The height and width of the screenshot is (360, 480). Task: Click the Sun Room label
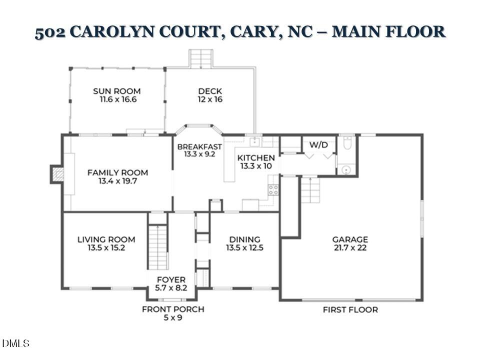[x=116, y=91]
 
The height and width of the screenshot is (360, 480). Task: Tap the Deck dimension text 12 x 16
[x=210, y=99]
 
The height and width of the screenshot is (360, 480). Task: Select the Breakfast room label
[x=199, y=146]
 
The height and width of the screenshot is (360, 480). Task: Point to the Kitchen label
[x=256, y=158]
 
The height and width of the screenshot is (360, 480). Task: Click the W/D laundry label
[x=318, y=145]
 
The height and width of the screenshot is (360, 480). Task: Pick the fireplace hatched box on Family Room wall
[x=58, y=174]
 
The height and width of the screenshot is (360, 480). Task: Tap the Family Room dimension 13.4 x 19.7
[x=117, y=181]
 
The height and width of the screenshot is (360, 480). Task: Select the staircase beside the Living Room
[x=158, y=247]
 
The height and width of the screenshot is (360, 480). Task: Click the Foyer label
[x=171, y=279]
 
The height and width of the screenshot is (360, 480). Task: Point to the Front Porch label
[x=173, y=309]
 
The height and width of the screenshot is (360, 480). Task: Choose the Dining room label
[x=244, y=239]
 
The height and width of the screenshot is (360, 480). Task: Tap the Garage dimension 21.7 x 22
[x=350, y=247]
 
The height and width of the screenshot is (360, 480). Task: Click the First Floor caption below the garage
[x=350, y=309]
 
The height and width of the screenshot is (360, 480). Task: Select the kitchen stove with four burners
[x=273, y=189]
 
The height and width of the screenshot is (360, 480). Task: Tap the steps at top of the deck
[x=201, y=58]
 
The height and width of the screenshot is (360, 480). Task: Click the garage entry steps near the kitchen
[x=310, y=190]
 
